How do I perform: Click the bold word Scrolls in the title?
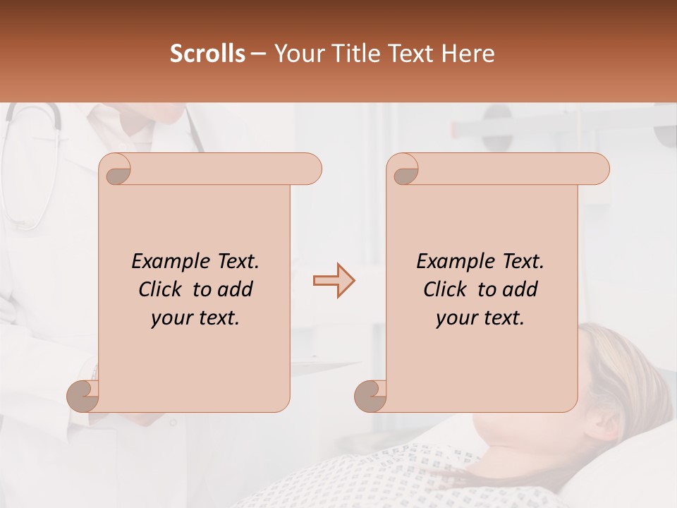[207, 54]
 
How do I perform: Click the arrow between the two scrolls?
[334, 281]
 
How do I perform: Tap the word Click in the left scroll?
[161, 289]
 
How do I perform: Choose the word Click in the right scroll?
[446, 289]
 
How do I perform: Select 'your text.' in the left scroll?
[195, 318]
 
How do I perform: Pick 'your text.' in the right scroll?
[480, 318]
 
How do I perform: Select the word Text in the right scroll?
[523, 262]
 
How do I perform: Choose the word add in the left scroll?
[236, 289]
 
